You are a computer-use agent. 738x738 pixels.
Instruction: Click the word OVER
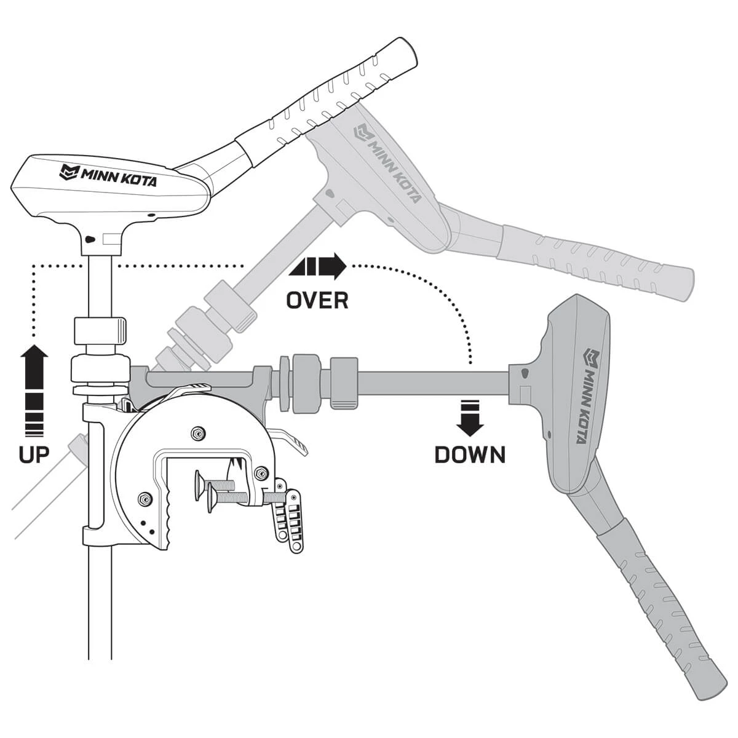pyautogui.click(x=317, y=300)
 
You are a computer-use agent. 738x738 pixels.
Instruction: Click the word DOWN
pyautogui.click(x=470, y=454)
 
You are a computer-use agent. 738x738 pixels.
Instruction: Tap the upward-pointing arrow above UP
pyautogui.click(x=34, y=387)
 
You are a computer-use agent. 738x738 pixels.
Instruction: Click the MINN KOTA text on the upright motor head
pyautogui.click(x=108, y=175)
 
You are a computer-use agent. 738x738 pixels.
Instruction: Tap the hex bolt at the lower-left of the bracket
pyautogui.click(x=145, y=499)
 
